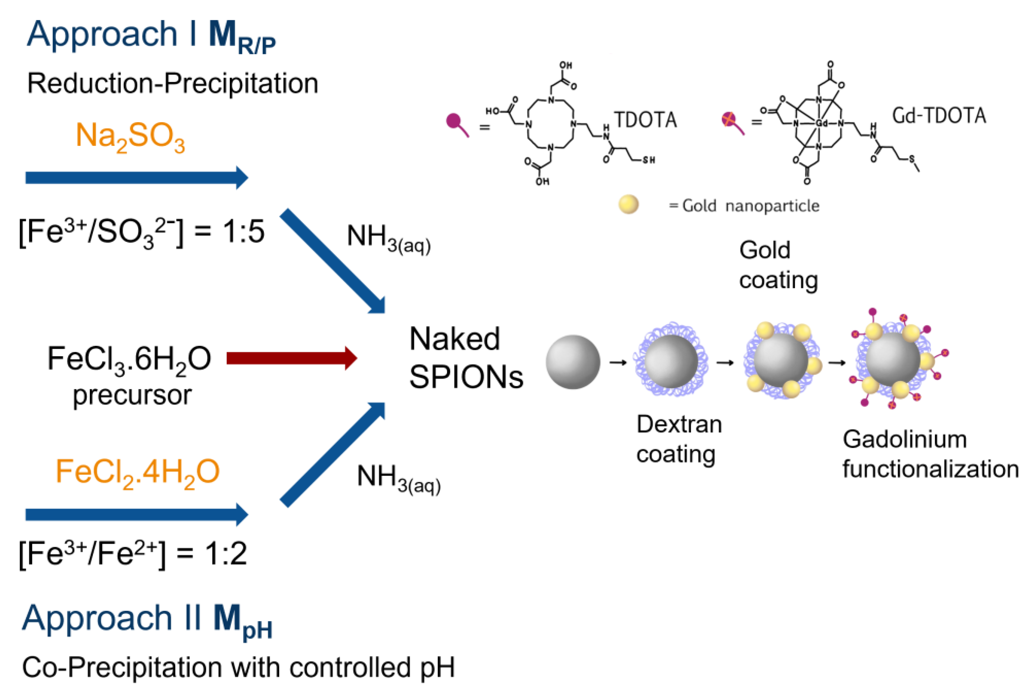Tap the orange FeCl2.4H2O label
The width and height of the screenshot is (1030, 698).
click(138, 472)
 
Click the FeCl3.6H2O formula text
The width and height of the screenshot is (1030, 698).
click(129, 359)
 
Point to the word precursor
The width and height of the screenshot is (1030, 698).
click(132, 395)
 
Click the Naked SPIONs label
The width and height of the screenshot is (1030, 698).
click(465, 358)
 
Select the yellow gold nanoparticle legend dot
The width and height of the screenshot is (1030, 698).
click(628, 205)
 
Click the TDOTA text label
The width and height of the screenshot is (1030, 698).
click(645, 120)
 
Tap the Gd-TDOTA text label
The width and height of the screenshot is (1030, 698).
click(939, 116)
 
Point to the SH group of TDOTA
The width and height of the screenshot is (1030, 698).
click(648, 160)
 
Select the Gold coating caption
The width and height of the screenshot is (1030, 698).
click(778, 265)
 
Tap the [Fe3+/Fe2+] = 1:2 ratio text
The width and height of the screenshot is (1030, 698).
click(133, 554)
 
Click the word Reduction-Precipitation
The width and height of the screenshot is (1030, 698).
click(173, 83)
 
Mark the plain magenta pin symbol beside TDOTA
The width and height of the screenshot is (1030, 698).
click(457, 124)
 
